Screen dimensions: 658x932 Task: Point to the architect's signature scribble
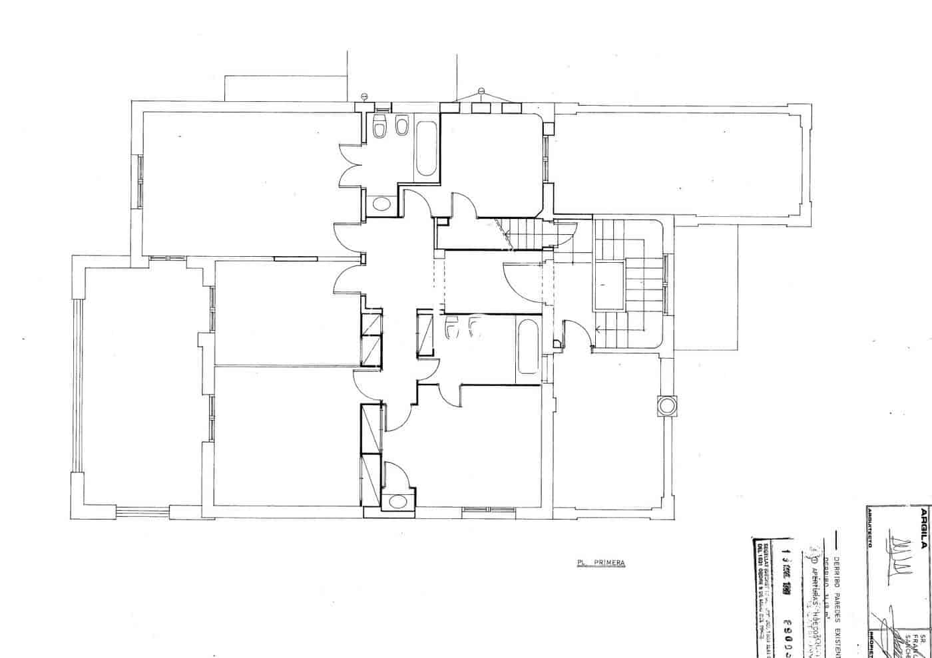tap(896, 550)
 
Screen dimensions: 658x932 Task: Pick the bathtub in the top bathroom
tap(426, 147)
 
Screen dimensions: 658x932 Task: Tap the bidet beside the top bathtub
tap(401, 127)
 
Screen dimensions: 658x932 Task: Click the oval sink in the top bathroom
tap(381, 203)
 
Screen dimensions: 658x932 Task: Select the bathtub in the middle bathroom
tap(528, 347)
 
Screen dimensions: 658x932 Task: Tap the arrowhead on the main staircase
tap(599, 327)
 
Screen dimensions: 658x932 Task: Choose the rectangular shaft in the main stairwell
tap(609, 285)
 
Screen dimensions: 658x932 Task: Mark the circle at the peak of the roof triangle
tap(481, 90)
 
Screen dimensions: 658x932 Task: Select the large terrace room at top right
tap(679, 163)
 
